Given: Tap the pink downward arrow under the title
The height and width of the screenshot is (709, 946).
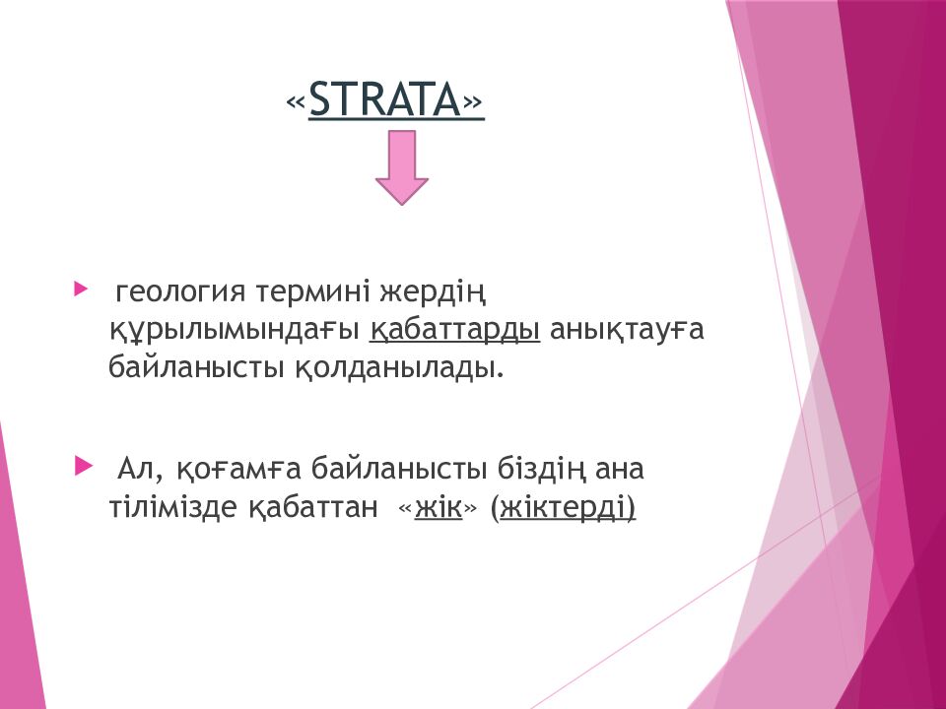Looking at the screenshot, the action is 402,167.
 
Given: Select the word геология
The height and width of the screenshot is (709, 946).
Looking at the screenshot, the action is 180,293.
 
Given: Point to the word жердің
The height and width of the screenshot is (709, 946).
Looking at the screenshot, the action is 433,293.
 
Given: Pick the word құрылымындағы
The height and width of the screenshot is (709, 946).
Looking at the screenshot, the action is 235,331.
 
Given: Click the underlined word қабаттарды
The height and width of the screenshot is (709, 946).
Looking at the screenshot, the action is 455,331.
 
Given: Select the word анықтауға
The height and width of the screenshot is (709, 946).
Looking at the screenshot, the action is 627,331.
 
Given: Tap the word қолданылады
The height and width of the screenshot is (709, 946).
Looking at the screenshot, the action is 399,367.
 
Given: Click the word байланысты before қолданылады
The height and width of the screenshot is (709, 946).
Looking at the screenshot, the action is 197,367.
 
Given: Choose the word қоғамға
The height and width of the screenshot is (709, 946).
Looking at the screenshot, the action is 238,470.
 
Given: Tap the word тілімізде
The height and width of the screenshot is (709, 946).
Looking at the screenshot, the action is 173,506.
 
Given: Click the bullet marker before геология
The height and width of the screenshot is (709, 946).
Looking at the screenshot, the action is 80,289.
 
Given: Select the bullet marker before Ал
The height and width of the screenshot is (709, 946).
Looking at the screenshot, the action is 83,466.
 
